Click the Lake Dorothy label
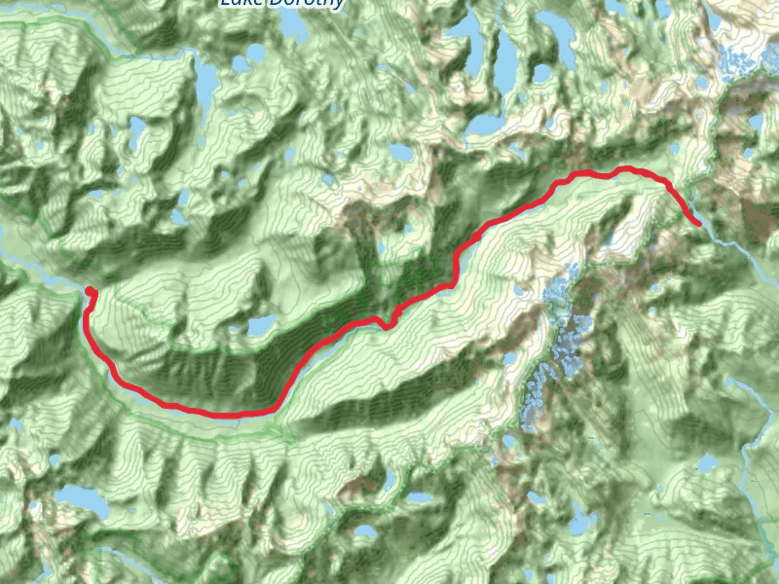coord(281,4)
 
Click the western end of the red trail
coord(90,291)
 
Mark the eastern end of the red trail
coord(698,224)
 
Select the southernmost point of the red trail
coord(234,415)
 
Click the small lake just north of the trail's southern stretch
coord(260,325)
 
